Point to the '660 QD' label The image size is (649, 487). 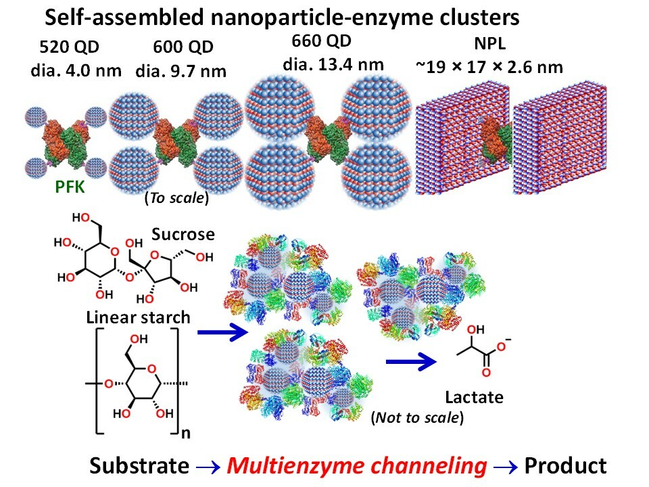pyautogui.click(x=322, y=41)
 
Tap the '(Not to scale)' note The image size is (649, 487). pyautogui.click(x=417, y=417)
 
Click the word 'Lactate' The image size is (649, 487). pyautogui.click(x=474, y=397)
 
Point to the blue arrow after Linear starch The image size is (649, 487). pyautogui.click(x=221, y=332)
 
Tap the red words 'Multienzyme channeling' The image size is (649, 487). pyautogui.click(x=356, y=465)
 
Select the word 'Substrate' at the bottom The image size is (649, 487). pyautogui.click(x=139, y=465)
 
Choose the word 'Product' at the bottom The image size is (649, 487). pyautogui.click(x=565, y=465)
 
